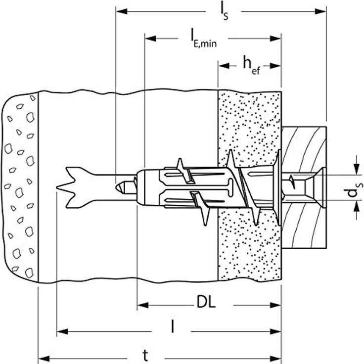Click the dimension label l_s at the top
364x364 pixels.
[224, 11]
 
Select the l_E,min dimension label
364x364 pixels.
[204, 39]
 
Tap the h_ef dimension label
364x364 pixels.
[251, 65]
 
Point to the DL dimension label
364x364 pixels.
[206, 302]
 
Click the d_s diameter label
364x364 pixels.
[353, 189]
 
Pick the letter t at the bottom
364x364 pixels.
[145, 356]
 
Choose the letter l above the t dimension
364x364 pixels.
[172, 326]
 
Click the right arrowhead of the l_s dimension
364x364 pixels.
[320, 11]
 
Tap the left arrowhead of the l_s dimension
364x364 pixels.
[122, 11]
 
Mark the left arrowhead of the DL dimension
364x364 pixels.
[143, 305]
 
